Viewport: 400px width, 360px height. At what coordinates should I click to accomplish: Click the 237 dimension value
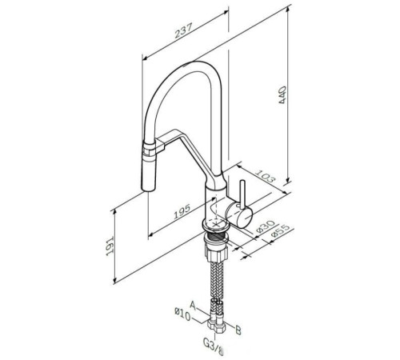point(183,30)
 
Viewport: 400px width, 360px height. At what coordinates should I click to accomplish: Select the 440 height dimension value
point(282,94)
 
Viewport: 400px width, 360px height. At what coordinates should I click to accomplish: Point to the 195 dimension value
point(182,211)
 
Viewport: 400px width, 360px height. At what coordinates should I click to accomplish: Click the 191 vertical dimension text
point(110,246)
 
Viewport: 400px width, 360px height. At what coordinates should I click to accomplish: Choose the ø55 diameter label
point(280,231)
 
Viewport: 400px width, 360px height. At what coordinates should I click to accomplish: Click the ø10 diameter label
point(182,314)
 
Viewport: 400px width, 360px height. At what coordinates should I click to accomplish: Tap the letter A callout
point(193,306)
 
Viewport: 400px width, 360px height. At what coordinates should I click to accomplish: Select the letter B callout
point(238,330)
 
